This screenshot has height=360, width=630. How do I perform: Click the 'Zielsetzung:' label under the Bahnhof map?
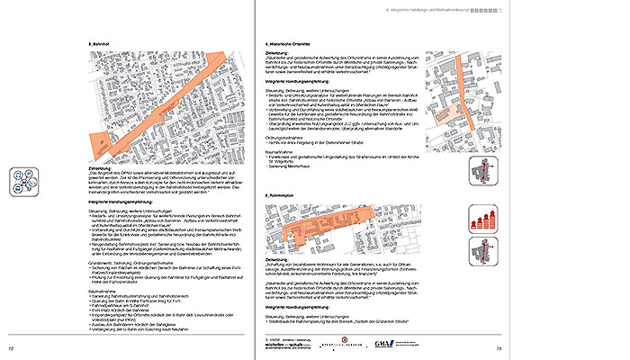pos(115,168)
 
